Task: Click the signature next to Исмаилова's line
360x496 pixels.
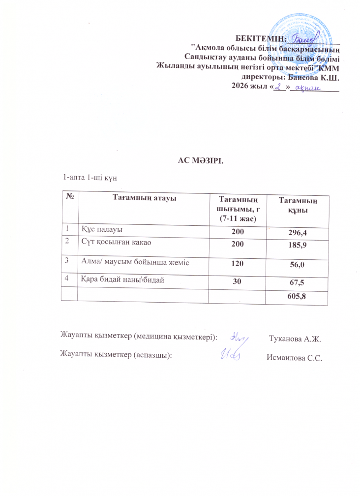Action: tap(230, 355)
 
